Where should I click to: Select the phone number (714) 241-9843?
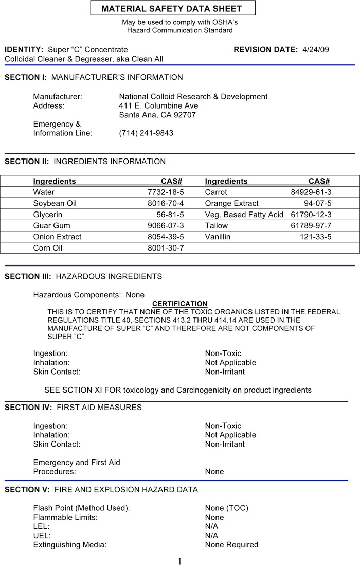click(x=146, y=133)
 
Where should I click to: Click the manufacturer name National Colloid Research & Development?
click(x=193, y=96)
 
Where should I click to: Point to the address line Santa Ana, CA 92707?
click(x=157, y=115)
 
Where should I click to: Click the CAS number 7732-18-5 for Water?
click(x=166, y=192)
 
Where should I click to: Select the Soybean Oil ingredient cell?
click(x=55, y=203)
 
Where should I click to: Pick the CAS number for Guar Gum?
click(x=166, y=226)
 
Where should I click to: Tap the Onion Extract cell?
click(x=57, y=237)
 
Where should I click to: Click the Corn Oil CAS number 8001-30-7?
click(x=166, y=248)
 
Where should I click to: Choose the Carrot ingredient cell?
click(x=216, y=192)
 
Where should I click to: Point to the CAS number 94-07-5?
click(x=317, y=203)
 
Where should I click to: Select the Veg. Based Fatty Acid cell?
click(x=244, y=215)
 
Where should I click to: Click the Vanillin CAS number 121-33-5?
click(x=316, y=237)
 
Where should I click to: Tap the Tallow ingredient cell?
click(x=216, y=226)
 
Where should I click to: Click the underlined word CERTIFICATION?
click(x=180, y=304)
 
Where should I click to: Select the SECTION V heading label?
click(x=27, y=489)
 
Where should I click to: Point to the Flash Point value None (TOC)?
click(x=226, y=508)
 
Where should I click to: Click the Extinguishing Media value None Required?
click(x=231, y=544)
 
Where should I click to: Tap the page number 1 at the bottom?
click(x=179, y=561)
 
